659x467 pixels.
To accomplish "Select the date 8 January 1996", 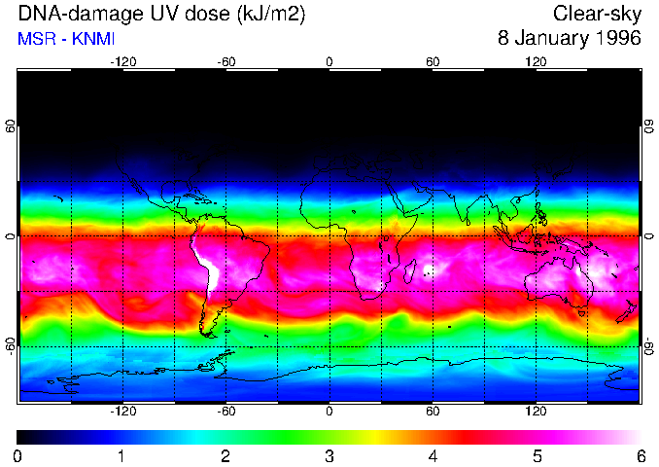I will pos(569,40).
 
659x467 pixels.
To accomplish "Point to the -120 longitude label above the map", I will pos(122,61).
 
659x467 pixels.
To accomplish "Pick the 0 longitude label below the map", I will pos(329,412).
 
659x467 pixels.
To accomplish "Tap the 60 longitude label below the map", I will pos(433,412).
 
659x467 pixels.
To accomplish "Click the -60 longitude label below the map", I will pos(225,412).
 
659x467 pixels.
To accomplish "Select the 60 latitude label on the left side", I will pos(9,126).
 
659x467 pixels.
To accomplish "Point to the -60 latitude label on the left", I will pos(9,346).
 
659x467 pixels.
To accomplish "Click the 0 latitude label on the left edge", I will pos(9,236).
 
